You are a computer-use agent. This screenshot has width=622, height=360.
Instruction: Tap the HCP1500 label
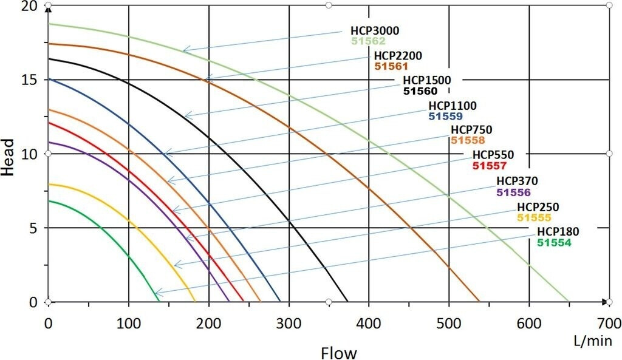pyautogui.click(x=426, y=81)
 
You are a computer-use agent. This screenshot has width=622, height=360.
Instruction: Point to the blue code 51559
pyautogui.click(x=446, y=116)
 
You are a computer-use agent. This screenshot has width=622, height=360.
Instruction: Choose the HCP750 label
pyautogui.click(x=471, y=130)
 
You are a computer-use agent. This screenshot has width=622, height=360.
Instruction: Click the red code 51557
pyautogui.click(x=489, y=165)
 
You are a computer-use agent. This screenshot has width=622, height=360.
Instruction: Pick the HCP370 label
pyautogui.click(x=517, y=181)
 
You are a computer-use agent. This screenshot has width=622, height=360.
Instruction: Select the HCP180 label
pyautogui.click(x=558, y=232)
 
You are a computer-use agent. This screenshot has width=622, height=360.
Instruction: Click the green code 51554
pyautogui.click(x=554, y=242)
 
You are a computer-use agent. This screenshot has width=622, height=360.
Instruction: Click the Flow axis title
pyautogui.click(x=339, y=352)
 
